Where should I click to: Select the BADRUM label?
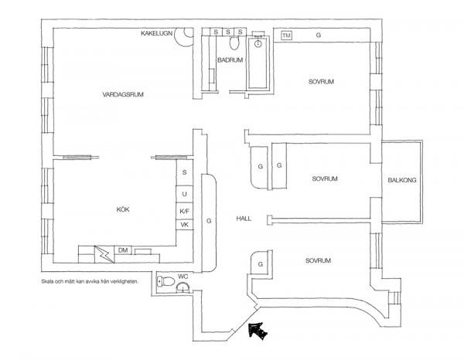point(230,59)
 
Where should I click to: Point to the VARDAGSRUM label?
point(123,94)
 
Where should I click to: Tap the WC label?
point(183,276)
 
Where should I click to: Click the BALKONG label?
point(402,181)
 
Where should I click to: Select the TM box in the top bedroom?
point(287,36)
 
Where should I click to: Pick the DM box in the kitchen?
point(122,250)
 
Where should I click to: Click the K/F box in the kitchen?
point(185,210)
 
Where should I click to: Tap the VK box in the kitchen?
point(185,225)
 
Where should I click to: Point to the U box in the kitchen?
point(185,192)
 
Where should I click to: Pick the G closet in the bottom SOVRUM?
point(261,264)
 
